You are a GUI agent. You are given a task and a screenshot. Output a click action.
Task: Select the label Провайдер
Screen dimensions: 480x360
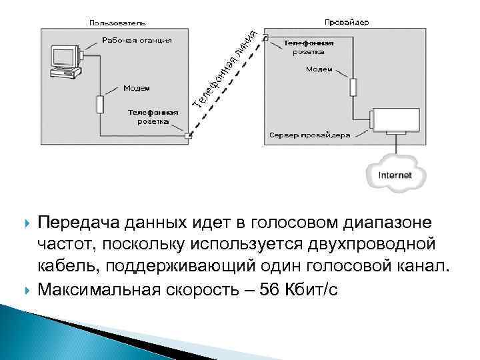point(347,22)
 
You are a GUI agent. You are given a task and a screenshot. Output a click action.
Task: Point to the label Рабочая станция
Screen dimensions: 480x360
point(137,40)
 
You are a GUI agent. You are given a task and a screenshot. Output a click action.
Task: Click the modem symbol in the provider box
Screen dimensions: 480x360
point(355,87)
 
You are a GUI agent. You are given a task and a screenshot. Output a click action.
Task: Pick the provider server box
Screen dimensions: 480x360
point(395,121)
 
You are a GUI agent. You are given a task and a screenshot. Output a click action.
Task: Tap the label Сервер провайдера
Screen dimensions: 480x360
point(309,135)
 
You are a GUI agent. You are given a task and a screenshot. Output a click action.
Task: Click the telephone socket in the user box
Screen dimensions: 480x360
point(188,137)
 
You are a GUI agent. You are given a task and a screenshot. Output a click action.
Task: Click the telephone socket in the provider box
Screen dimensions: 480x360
point(265,38)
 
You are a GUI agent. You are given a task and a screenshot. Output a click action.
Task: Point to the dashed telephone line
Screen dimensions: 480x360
point(227,87)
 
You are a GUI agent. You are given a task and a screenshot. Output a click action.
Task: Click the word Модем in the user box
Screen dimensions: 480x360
point(136,88)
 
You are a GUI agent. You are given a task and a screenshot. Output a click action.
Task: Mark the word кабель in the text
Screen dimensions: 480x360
point(65,267)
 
